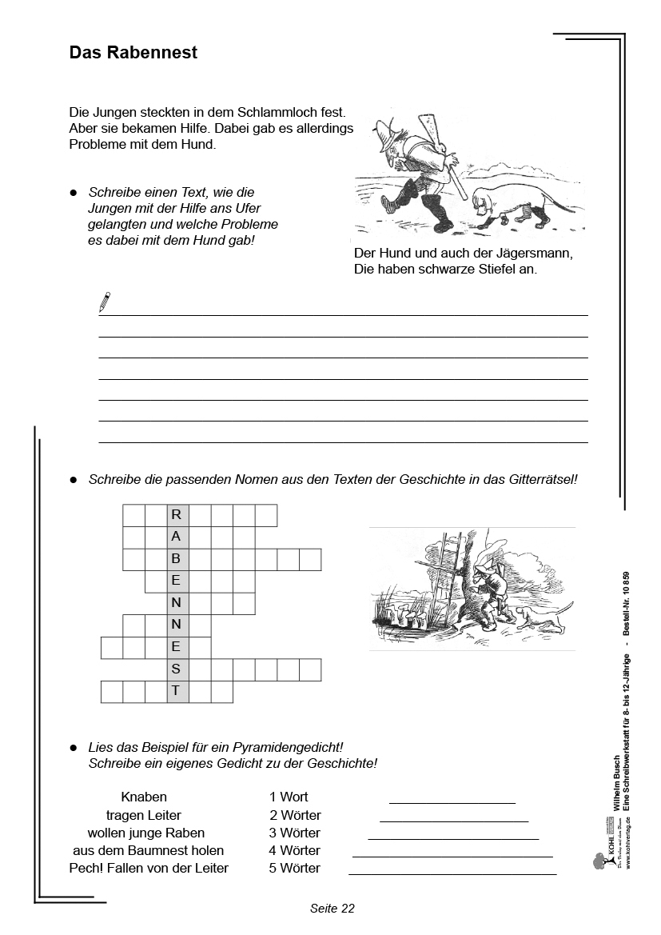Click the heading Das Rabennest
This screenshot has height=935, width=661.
133,53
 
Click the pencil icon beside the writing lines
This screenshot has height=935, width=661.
104,302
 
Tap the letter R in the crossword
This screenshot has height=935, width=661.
177,515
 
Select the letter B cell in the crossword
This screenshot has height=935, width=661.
177,559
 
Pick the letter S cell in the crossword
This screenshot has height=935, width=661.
177,669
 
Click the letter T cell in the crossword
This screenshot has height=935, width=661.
177,691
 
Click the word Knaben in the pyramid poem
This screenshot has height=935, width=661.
144,797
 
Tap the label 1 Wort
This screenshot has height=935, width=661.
289,797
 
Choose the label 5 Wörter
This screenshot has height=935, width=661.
294,868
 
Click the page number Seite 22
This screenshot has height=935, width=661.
332,908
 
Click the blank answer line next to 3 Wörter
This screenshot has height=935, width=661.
453,837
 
